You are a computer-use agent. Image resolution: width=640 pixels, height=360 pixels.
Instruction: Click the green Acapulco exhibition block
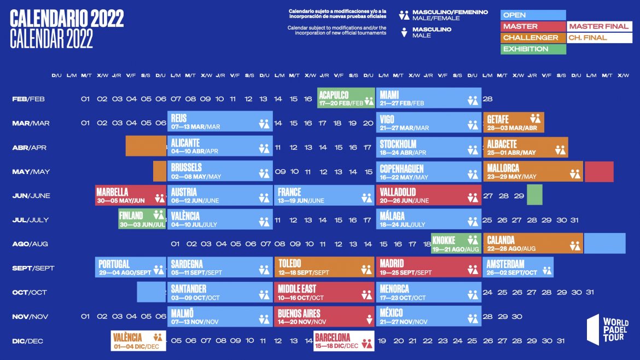tap(346, 98)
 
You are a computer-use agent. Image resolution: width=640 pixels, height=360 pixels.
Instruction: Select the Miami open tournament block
tap(428, 98)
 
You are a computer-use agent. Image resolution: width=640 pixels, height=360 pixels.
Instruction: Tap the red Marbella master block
tap(130, 195)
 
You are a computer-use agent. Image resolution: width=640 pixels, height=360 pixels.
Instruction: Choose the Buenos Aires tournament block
tap(323, 317)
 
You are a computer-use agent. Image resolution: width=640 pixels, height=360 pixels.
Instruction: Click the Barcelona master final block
tap(344, 341)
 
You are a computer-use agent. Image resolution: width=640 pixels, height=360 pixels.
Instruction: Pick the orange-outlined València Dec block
tap(138, 341)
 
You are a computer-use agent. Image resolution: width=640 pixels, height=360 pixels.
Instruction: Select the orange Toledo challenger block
tap(323, 268)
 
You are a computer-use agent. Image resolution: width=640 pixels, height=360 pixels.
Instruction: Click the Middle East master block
tap(323, 292)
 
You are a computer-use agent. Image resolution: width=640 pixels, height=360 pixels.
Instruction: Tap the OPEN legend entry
tap(533, 15)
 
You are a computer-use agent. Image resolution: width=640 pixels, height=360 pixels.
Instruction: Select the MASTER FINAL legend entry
tap(599, 26)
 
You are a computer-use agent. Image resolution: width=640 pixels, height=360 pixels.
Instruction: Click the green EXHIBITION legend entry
tap(533, 49)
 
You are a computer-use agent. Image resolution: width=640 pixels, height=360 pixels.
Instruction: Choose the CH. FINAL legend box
tap(599, 38)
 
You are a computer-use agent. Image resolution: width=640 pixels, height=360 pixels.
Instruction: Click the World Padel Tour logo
tap(607, 333)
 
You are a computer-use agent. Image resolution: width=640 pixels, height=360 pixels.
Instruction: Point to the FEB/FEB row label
tap(28, 99)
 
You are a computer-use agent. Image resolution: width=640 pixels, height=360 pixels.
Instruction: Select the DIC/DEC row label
tap(27, 341)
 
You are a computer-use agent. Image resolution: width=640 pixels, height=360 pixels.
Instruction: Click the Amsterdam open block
tap(517, 268)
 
